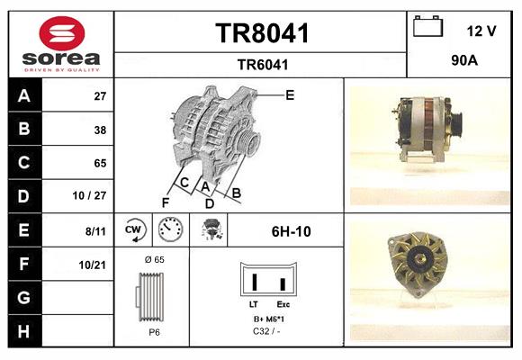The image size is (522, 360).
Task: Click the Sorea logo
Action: coord(61,44)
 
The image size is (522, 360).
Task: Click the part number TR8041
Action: coord(262,34)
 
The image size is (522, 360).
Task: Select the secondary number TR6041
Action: coord(262,64)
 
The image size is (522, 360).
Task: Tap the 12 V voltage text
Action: coord(481,31)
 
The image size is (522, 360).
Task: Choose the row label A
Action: coord(24,96)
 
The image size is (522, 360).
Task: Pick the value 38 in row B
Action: coord(100,130)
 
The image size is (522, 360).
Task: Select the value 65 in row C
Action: coord(100,164)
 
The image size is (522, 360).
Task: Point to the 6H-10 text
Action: coord(291,231)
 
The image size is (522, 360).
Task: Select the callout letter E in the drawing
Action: coord(289,94)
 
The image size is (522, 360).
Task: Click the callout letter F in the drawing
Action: coord(166,202)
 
